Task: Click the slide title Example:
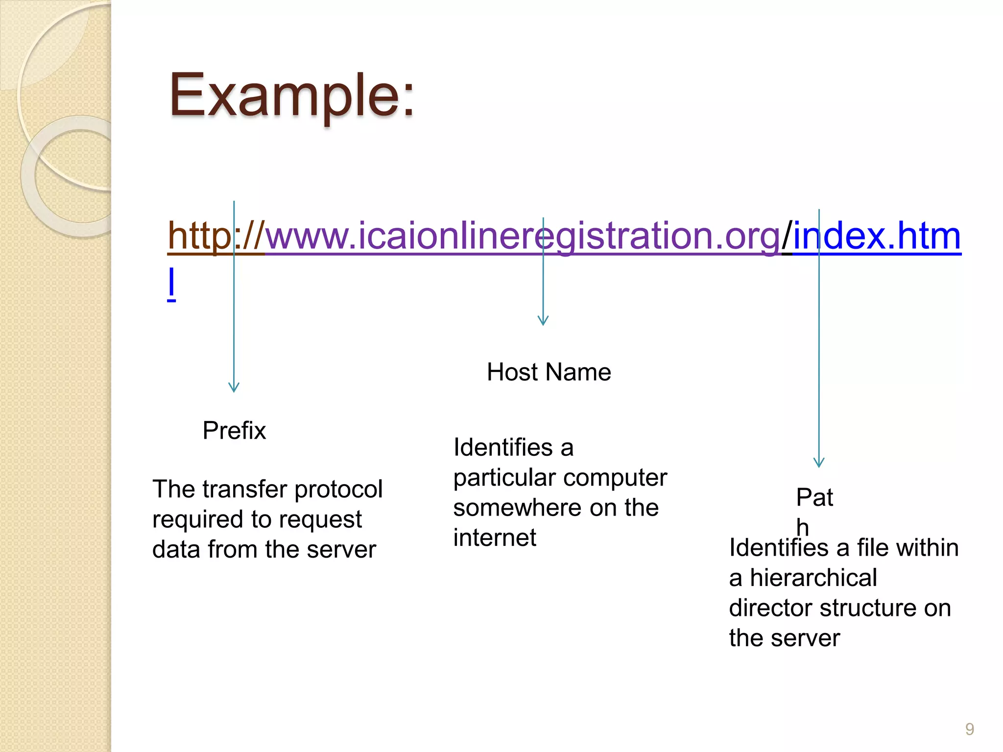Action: coord(292,96)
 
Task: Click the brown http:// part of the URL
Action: coord(215,236)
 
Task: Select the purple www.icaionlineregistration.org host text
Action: coord(522,236)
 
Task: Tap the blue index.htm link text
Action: coord(877,236)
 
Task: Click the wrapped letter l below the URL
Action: coord(171,283)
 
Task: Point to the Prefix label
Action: coord(234,431)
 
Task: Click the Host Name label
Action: coord(549,372)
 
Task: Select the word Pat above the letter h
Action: coord(814,497)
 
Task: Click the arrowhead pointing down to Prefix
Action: coord(234,387)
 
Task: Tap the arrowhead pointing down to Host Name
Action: coord(543,321)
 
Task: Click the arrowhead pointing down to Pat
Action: coord(819,463)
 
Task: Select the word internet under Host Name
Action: coord(495,538)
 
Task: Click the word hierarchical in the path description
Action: coord(813,578)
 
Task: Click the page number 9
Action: coord(969,729)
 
